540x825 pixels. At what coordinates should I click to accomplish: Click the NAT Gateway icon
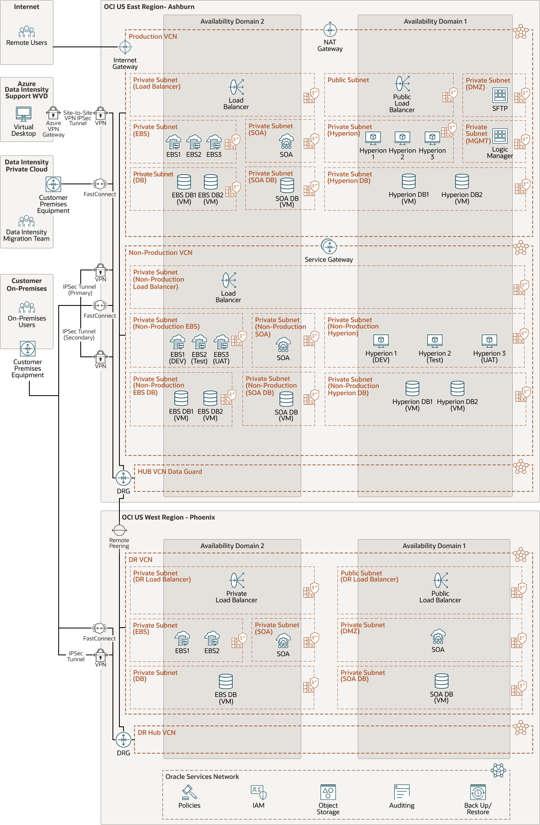(330, 30)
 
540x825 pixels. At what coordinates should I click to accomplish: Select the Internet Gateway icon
(125, 47)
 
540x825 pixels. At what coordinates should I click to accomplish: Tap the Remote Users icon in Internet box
(26, 32)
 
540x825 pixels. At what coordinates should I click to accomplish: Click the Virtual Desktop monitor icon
(24, 114)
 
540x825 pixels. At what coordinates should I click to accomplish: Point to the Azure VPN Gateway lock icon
(53, 113)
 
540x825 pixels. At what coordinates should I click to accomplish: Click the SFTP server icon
(500, 95)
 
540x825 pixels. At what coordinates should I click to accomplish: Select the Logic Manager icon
(500, 136)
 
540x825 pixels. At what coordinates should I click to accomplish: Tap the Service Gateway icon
(329, 246)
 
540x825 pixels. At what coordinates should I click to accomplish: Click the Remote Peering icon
(119, 530)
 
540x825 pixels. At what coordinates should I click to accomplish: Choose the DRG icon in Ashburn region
(123, 478)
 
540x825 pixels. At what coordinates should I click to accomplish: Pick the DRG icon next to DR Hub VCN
(123, 739)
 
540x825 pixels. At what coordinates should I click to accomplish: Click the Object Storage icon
(328, 792)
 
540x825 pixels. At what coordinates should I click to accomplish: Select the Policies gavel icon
(190, 792)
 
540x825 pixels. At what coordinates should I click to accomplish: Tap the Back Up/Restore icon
(478, 792)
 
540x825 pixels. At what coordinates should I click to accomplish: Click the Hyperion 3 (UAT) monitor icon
(489, 341)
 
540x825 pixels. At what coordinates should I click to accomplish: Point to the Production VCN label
(153, 36)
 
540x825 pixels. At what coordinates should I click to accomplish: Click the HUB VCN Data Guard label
(170, 471)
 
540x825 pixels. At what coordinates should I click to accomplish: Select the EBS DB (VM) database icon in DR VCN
(226, 681)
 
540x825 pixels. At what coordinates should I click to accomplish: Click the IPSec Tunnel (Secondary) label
(79, 334)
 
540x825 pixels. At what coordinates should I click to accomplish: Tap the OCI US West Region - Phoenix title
(168, 517)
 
